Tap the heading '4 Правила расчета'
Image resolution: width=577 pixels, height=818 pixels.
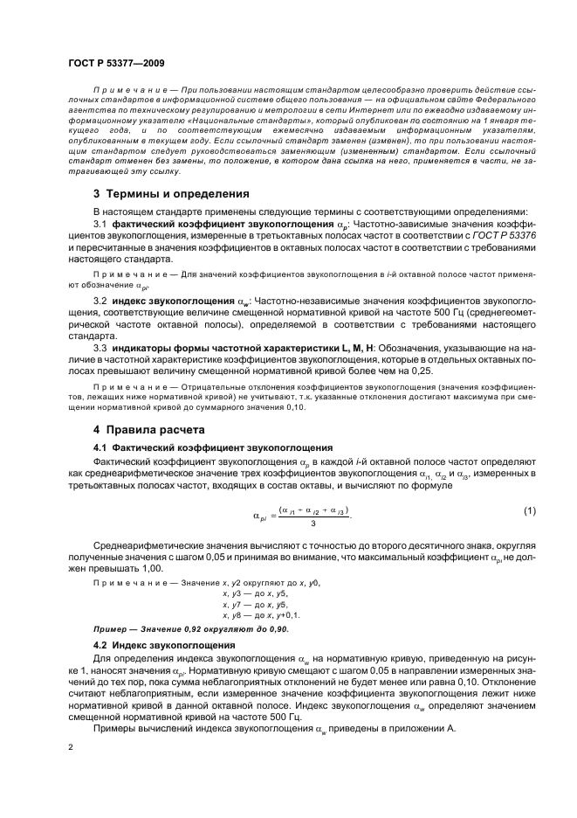149,430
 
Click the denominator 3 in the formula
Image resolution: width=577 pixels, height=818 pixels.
313,524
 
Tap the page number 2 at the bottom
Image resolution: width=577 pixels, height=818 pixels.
72,749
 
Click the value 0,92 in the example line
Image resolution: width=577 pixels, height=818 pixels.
184,629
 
